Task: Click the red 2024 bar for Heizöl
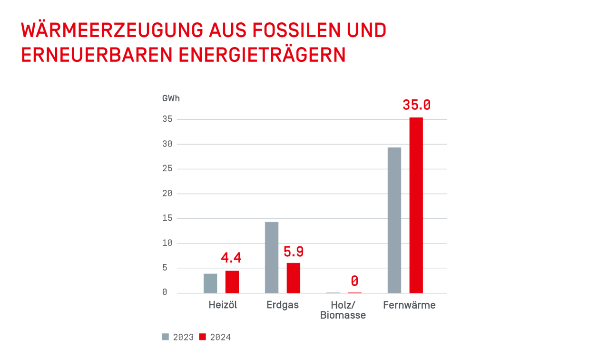tap(232, 282)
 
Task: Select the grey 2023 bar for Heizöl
tap(210, 283)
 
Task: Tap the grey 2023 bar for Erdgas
tap(272, 257)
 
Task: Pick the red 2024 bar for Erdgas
tap(293, 278)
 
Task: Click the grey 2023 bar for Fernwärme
tap(394, 220)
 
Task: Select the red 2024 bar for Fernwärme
tap(416, 205)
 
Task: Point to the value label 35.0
tap(416, 105)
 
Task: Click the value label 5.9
tap(293, 252)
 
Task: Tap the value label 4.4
tap(231, 258)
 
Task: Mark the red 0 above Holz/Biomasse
tap(354, 281)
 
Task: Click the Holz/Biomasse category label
tap(343, 310)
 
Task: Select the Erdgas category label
tap(283, 305)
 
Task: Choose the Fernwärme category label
tap(409, 305)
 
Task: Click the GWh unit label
tap(171, 99)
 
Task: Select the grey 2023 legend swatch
tap(166, 337)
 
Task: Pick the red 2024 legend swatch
tap(203, 337)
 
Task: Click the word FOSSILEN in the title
tap(287, 30)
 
